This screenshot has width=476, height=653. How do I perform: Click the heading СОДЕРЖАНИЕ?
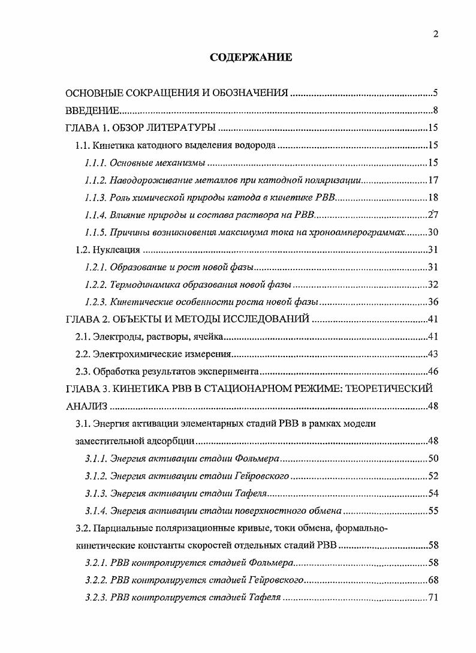(251, 58)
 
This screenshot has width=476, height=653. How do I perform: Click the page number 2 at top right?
(436, 34)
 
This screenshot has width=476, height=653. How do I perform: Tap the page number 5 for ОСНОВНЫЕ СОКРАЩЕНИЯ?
(436, 93)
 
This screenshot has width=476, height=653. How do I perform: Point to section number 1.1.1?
(95, 163)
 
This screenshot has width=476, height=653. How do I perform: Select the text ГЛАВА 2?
(88, 319)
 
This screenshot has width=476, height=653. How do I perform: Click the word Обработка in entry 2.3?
(114, 372)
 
